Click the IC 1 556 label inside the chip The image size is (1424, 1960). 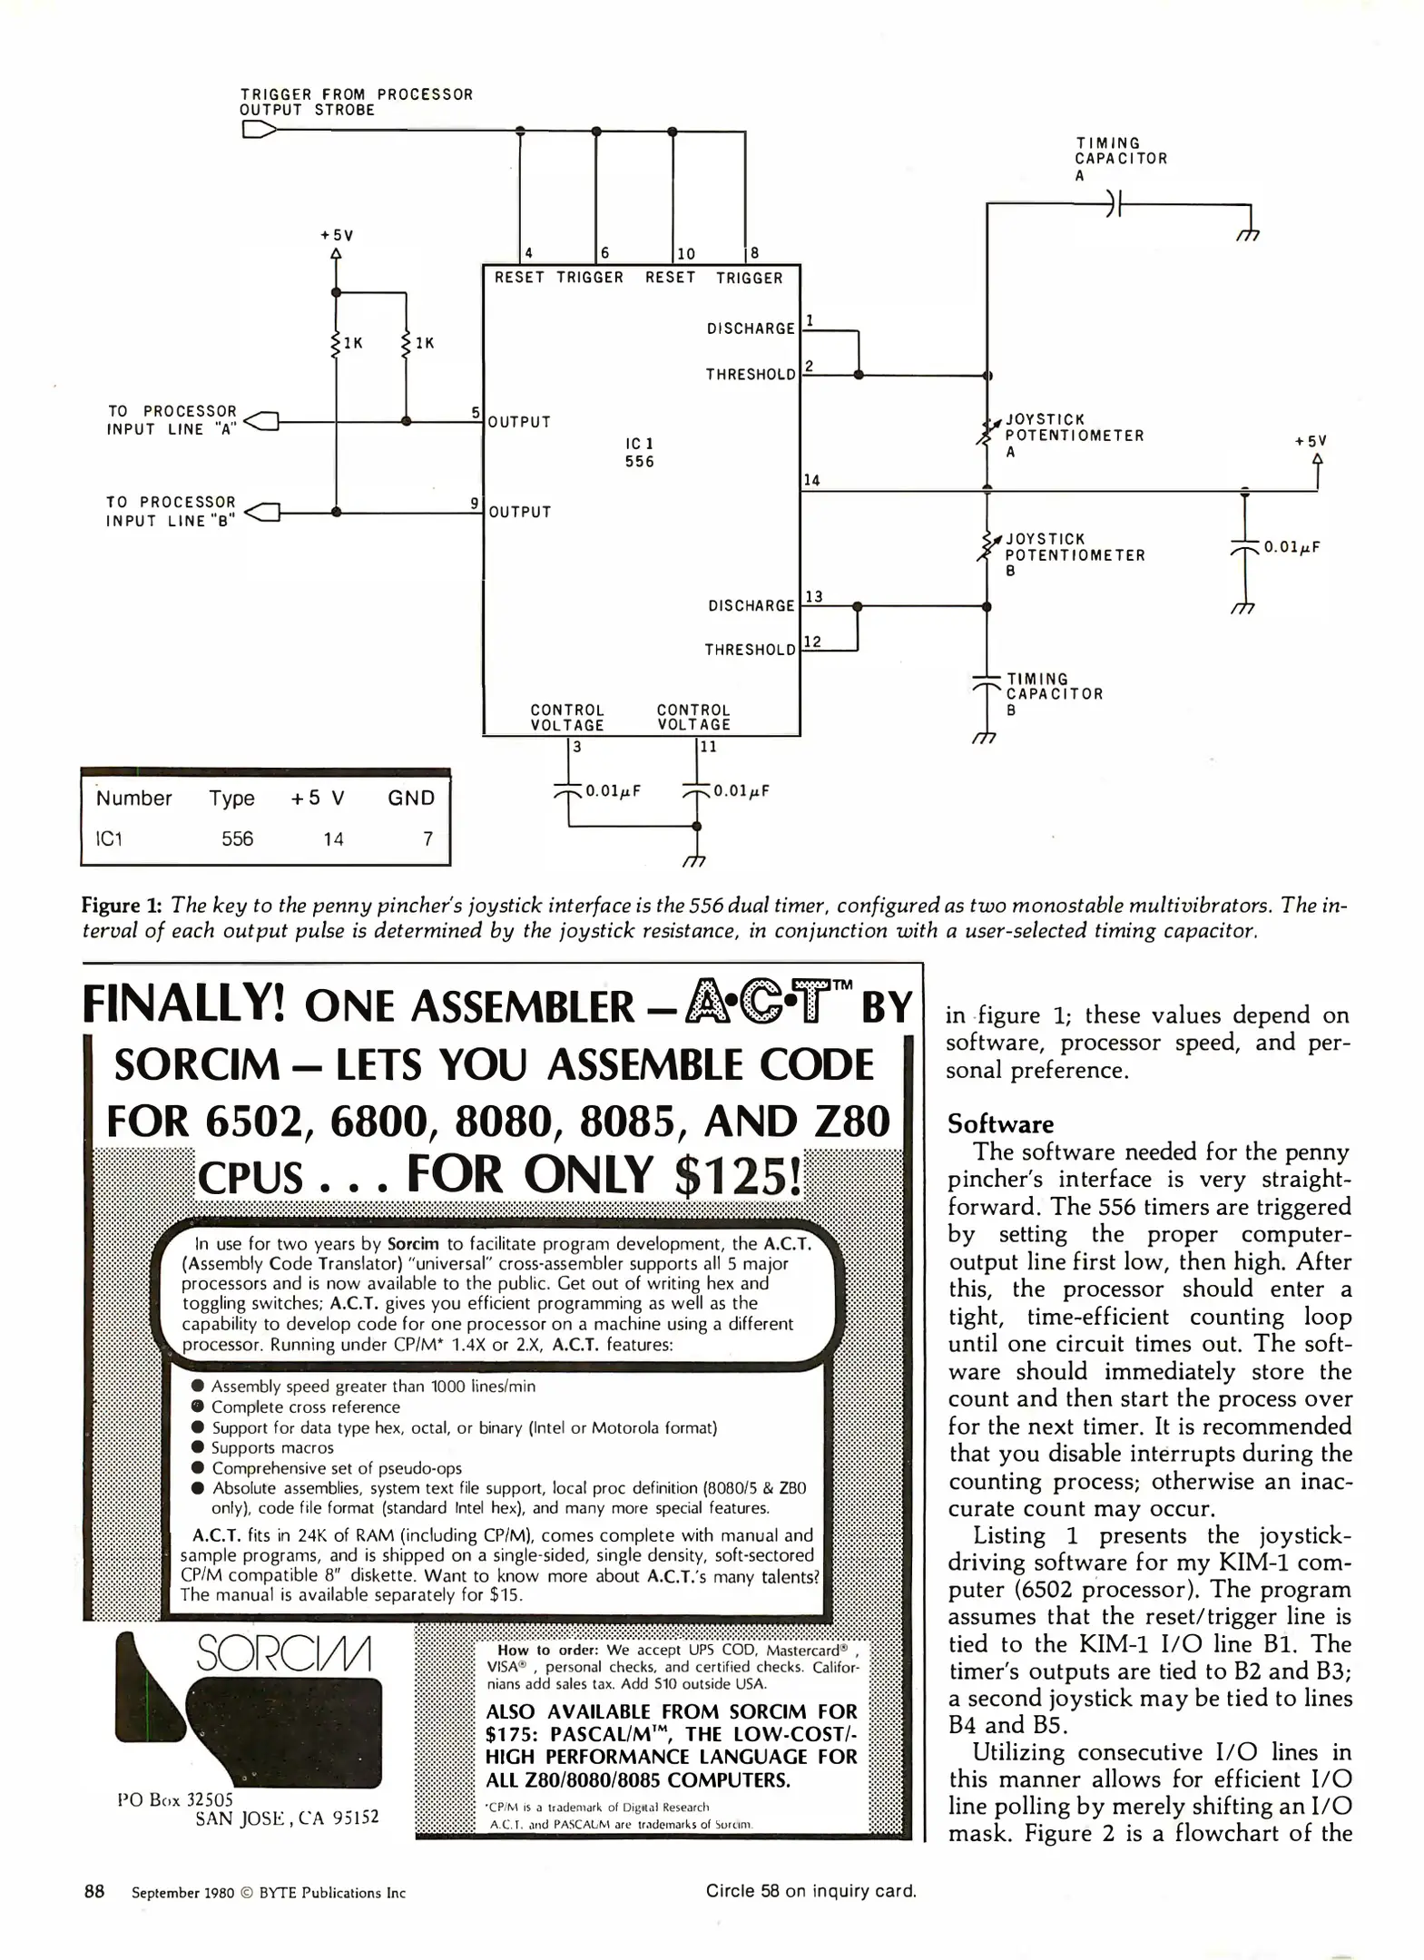pyautogui.click(x=639, y=452)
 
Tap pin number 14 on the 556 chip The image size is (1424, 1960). pyautogui.click(x=811, y=480)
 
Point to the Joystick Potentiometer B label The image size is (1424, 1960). pyautogui.click(x=1074, y=554)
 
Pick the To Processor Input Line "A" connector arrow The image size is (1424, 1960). pyautogui.click(x=261, y=421)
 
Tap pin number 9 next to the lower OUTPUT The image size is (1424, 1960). pyautogui.click(x=475, y=502)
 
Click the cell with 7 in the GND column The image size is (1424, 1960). pyautogui.click(x=427, y=838)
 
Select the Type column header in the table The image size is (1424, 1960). pyautogui.click(x=231, y=798)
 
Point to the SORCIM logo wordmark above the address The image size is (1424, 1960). pyautogui.click(x=283, y=1653)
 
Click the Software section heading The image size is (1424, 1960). pyautogui.click(x=1000, y=1124)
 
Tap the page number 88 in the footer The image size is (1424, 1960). pyautogui.click(x=94, y=1891)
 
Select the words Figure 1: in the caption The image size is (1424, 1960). pyautogui.click(x=122, y=905)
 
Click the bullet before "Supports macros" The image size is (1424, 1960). pyautogui.click(x=198, y=1447)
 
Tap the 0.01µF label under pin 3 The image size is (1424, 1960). pyautogui.click(x=613, y=790)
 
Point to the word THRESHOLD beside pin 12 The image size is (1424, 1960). pyautogui.click(x=750, y=650)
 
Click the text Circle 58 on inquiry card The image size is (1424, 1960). pyautogui.click(x=810, y=1891)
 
